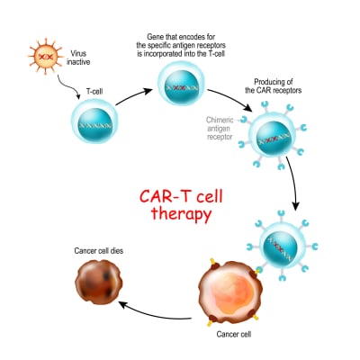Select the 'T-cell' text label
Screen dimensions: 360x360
(96, 92)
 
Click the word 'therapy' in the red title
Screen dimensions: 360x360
(179, 215)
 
